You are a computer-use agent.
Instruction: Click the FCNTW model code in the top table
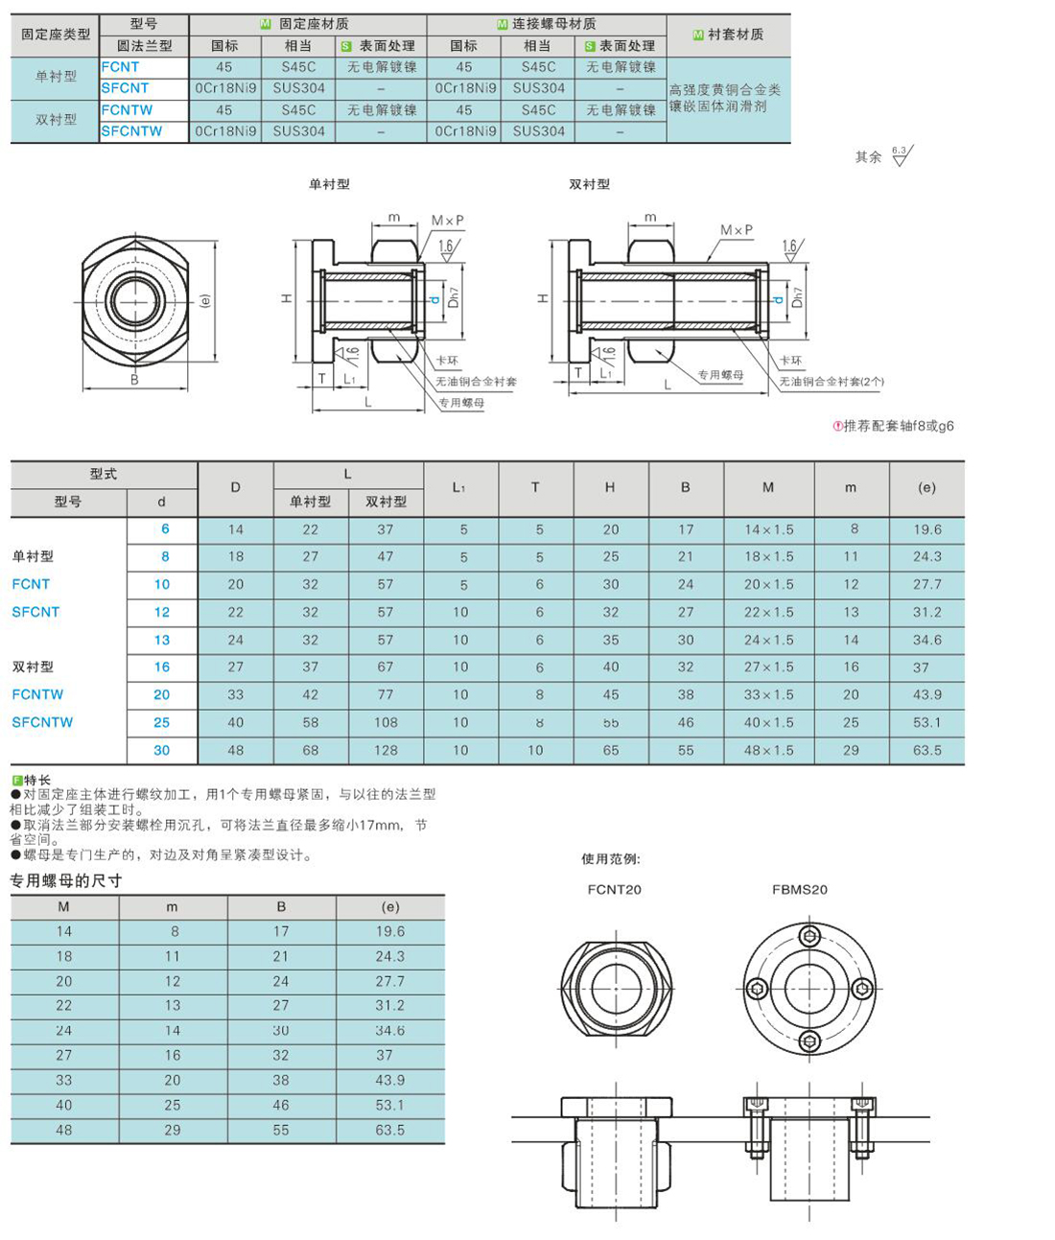tap(127, 110)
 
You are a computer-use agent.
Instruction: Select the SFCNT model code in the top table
tap(126, 88)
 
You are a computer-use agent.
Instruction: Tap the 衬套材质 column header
tap(729, 35)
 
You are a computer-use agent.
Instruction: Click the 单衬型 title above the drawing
tap(329, 184)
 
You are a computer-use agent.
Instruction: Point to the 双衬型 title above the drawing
tap(589, 184)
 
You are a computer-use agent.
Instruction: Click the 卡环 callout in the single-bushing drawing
tap(447, 362)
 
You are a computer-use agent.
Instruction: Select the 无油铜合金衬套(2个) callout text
tap(832, 382)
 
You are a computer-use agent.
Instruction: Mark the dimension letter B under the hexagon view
tap(134, 380)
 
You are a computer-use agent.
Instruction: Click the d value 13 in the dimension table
tap(162, 640)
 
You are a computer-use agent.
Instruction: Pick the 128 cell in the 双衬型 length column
tap(386, 751)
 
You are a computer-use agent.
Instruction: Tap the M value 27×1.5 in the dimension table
tap(768, 667)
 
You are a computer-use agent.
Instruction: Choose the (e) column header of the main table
tap(926, 488)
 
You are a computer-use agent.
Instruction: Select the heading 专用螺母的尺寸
tap(66, 881)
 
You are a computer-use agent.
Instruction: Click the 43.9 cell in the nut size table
tap(390, 1080)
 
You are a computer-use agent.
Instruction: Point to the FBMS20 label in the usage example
tap(799, 890)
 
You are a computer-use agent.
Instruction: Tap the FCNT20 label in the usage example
tap(614, 890)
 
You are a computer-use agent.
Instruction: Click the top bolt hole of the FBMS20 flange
tap(810, 936)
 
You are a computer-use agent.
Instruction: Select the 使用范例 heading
tap(611, 859)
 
